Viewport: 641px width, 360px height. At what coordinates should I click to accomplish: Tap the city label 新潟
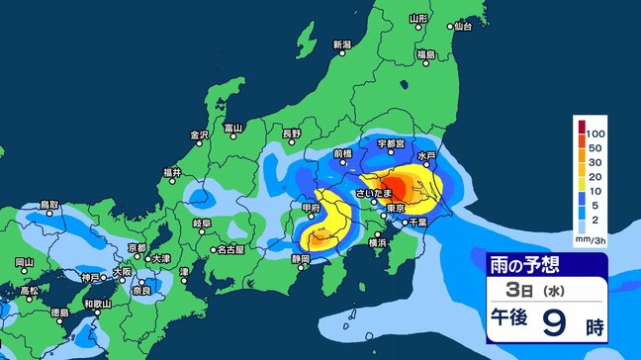pyautogui.click(x=342, y=45)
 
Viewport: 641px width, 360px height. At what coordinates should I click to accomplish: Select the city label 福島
pyautogui.click(x=426, y=53)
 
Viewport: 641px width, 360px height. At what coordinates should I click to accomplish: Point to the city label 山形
pyautogui.click(x=418, y=19)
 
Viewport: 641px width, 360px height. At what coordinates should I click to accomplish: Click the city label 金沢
pyautogui.click(x=199, y=135)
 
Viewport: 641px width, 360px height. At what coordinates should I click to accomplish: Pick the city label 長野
pyautogui.click(x=291, y=133)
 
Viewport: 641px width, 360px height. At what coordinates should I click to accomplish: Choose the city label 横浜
pyautogui.click(x=377, y=241)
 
